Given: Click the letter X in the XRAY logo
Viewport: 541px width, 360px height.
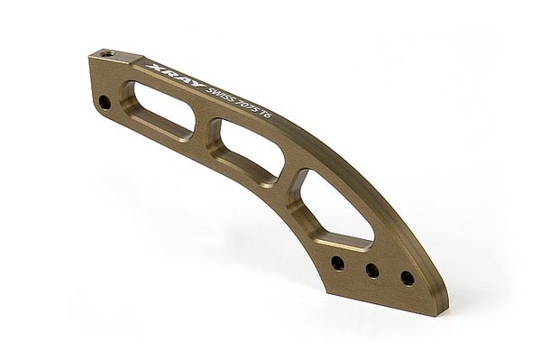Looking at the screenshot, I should click(152, 67).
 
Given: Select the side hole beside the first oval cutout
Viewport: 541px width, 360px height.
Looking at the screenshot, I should click(106, 102).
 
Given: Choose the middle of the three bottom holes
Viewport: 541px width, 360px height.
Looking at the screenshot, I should click(370, 271).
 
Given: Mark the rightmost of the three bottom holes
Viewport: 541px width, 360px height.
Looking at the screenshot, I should click(408, 278).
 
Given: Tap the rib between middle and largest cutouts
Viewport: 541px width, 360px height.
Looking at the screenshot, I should click(287, 171).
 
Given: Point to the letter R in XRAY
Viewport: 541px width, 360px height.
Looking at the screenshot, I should click(162, 71).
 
